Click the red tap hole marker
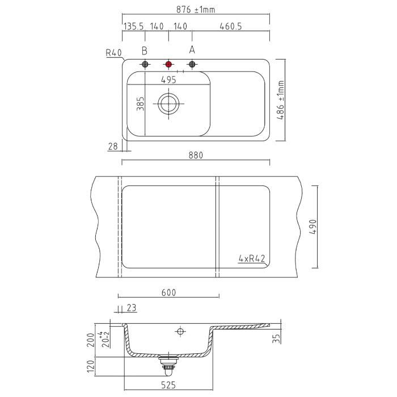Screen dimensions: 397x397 coord(168,64)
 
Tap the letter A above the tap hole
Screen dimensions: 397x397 coord(192,50)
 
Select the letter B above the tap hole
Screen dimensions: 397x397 coord(144,51)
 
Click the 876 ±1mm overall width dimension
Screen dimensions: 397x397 coord(196,10)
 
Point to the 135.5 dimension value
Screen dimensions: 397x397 coord(133,26)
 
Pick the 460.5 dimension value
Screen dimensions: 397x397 coord(231,26)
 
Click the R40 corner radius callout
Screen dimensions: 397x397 coord(113,53)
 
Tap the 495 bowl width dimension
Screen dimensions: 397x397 coord(168,80)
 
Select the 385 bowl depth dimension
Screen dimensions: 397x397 coord(140,104)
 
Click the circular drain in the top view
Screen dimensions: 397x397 coord(168,104)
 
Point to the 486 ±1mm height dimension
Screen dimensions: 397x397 coord(281,100)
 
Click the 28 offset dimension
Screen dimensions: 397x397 coord(113,146)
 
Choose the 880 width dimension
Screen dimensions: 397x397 coord(196,155)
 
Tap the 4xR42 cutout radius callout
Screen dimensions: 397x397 coord(252,259)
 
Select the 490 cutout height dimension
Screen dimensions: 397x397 coord(313,227)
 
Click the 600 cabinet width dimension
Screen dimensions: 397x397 coord(168,293)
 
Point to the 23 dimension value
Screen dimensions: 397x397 coord(132,308)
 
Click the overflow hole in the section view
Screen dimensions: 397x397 coord(180,331)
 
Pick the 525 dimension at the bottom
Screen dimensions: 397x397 coord(168,385)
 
